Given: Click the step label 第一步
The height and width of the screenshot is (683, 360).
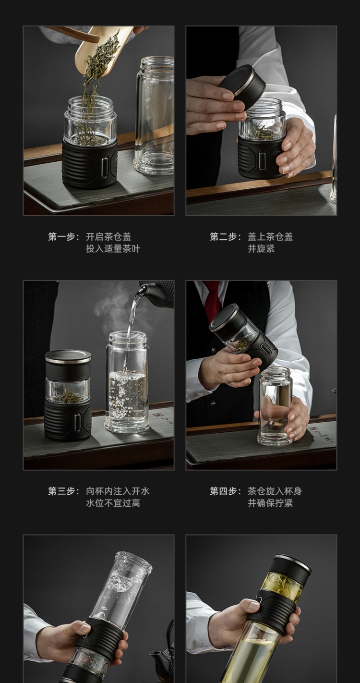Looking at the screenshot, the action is [x=62, y=237].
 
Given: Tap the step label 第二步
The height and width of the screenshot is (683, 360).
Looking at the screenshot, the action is [x=223, y=237].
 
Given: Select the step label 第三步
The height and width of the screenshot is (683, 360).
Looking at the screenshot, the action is [x=62, y=491].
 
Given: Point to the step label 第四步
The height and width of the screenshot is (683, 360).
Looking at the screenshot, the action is [x=223, y=491].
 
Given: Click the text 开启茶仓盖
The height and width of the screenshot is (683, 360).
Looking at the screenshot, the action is [x=108, y=237].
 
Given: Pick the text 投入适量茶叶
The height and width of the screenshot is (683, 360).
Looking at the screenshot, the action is [x=113, y=249].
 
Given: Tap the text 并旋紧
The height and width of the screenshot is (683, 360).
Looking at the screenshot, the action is [x=261, y=249].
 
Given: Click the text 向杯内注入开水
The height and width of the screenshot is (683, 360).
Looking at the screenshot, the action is [x=118, y=491].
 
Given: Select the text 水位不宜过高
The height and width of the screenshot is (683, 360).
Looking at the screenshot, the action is [x=113, y=503].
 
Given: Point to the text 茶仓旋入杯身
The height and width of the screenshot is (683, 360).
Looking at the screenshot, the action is [x=275, y=491].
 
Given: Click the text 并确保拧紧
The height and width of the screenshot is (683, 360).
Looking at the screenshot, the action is [x=270, y=503].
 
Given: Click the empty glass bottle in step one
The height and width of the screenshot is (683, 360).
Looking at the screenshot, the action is [x=155, y=116].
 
